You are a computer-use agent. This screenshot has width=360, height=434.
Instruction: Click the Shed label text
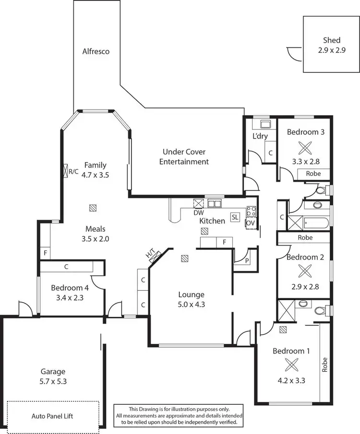click(x=332, y=40)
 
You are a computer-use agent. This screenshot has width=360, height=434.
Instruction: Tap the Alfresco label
click(x=96, y=51)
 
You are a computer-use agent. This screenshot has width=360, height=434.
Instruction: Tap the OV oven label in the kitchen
click(x=250, y=223)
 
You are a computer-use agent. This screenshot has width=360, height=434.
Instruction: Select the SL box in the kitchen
click(x=235, y=217)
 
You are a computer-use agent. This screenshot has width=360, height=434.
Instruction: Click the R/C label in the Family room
click(x=73, y=171)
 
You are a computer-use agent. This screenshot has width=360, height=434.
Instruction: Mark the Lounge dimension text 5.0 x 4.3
click(x=191, y=304)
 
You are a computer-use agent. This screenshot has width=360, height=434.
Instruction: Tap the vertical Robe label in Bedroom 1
click(x=325, y=364)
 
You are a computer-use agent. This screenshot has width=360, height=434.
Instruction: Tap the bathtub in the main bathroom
click(x=315, y=223)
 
